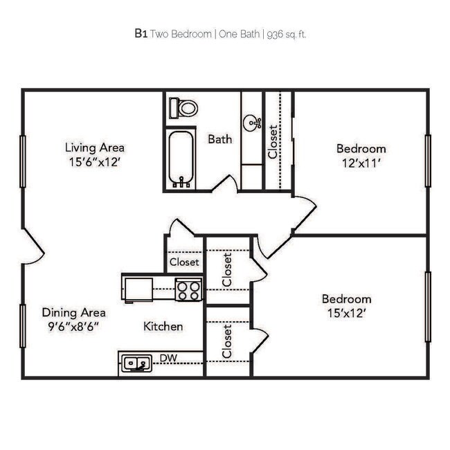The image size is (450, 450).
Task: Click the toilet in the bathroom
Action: pyautogui.click(x=185, y=107)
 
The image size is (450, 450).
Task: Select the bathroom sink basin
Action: pyautogui.click(x=252, y=123)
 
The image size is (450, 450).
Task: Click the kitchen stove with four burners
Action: pyautogui.click(x=188, y=289)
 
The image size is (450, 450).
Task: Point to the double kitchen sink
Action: pyautogui.click(x=136, y=363)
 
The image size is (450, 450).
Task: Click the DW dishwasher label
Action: pyautogui.click(x=168, y=358)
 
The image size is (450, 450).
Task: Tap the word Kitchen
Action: pyautogui.click(x=163, y=326)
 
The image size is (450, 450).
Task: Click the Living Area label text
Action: pyautogui.click(x=95, y=147)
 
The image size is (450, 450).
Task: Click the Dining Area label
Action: pyautogui.click(x=74, y=312)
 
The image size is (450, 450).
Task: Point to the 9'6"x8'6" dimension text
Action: pyautogui.click(x=74, y=327)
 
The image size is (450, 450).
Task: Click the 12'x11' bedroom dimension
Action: pyautogui.click(x=361, y=164)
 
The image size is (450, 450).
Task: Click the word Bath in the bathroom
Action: pyautogui.click(x=220, y=139)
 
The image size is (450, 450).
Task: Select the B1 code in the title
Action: pyautogui.click(x=141, y=33)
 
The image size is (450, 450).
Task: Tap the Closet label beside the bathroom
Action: pyautogui.click(x=273, y=141)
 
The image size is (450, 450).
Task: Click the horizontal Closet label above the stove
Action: pyautogui.click(x=184, y=262)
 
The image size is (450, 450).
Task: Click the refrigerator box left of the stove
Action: pyautogui.click(x=137, y=288)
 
